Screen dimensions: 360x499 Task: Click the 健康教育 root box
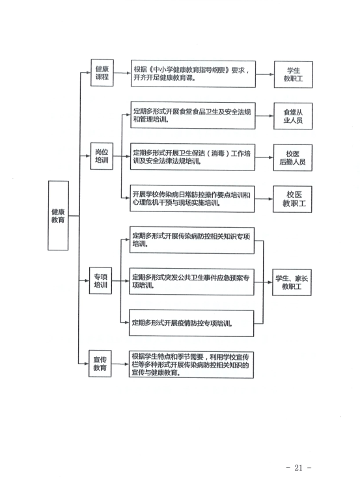pyautogui.click(x=58, y=215)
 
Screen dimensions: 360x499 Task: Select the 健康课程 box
pyautogui.click(x=102, y=73)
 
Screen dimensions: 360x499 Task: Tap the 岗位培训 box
pyautogui.click(x=102, y=156)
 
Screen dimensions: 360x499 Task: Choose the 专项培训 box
pyautogui.click(x=101, y=280)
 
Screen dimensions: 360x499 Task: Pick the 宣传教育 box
pyautogui.click(x=100, y=364)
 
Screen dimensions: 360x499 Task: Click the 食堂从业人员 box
pyautogui.click(x=293, y=116)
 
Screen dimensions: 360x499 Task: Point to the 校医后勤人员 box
pyautogui.click(x=293, y=158)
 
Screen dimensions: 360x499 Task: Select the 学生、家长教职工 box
pyautogui.click(x=292, y=282)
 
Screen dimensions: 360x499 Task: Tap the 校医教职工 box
pyautogui.click(x=292, y=199)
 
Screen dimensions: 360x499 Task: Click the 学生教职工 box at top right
pyautogui.click(x=294, y=74)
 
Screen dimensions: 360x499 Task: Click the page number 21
pyautogui.click(x=298, y=468)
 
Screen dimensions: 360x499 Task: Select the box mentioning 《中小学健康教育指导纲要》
pyautogui.click(x=193, y=74)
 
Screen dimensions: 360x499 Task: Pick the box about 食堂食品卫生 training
pyautogui.click(x=193, y=115)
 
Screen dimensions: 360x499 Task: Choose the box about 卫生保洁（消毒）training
pyautogui.click(x=193, y=157)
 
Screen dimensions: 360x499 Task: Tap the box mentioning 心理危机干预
pyautogui.click(x=192, y=198)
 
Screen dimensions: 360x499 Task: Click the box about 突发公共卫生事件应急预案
pyautogui.click(x=191, y=282)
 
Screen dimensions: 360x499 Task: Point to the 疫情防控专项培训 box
pyautogui.click(x=191, y=323)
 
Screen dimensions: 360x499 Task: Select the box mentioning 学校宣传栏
pyautogui.click(x=191, y=364)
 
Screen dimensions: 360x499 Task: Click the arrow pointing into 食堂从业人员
pyautogui.click(x=264, y=116)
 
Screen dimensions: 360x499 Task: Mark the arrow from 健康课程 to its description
pyautogui.click(x=122, y=73)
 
